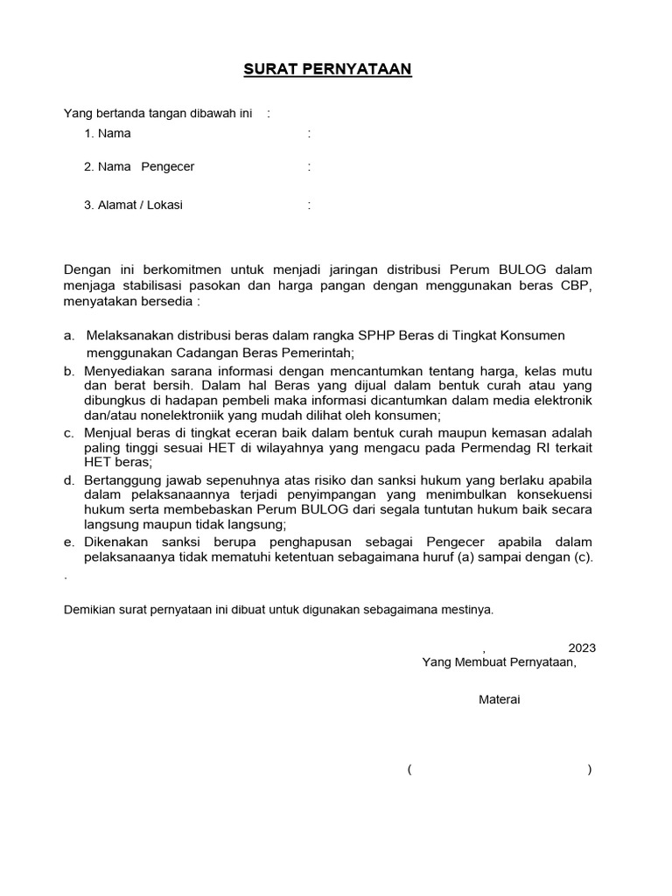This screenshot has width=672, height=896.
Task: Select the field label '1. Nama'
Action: click(108, 134)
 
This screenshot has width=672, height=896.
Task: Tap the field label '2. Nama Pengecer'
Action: click(139, 166)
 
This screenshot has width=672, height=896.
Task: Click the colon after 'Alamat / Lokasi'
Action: click(309, 205)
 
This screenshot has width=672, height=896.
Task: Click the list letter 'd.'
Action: click(68, 480)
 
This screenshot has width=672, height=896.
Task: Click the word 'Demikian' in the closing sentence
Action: click(89, 610)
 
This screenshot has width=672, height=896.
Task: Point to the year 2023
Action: click(582, 647)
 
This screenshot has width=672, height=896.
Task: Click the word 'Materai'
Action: click(499, 699)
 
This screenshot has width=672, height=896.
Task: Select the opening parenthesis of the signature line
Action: click(409, 770)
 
